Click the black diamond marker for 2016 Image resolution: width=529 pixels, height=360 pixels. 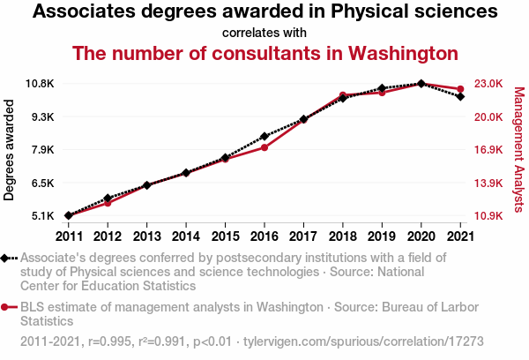[x=264, y=137]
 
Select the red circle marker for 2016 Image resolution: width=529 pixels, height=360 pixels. [x=264, y=147]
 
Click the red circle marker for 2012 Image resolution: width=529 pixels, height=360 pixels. [x=108, y=203]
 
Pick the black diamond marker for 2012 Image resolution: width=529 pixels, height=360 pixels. [x=108, y=199]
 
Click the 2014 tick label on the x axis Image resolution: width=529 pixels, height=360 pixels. [x=185, y=236]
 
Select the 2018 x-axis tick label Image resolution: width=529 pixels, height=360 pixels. [x=342, y=236]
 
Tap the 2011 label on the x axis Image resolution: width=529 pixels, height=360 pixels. [x=68, y=236]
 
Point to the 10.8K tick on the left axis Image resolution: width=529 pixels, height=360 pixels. [x=41, y=84]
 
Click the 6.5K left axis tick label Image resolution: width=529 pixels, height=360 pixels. [x=43, y=183]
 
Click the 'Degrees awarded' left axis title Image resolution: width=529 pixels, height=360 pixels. [x=10, y=149]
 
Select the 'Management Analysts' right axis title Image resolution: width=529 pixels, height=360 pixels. [x=518, y=149]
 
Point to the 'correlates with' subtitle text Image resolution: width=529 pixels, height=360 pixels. [x=264, y=33]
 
